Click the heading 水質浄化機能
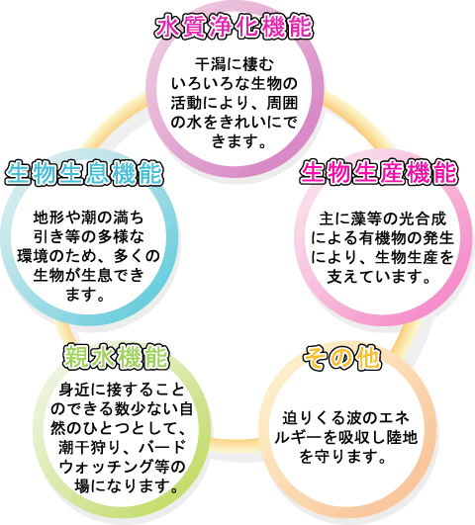[x=234, y=27]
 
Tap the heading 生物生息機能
[x=84, y=174]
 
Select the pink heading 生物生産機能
[x=379, y=172]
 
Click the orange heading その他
[x=342, y=357]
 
